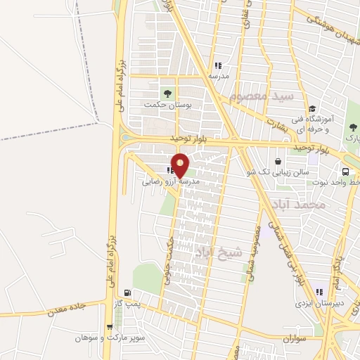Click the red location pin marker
(x=181, y=165)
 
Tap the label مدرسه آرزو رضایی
(x=172, y=181)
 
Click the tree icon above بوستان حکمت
(x=167, y=92)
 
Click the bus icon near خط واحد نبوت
(x=345, y=171)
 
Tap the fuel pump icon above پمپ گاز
(x=127, y=292)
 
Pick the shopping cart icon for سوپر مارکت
(x=108, y=327)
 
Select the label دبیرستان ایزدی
(x=320, y=304)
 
